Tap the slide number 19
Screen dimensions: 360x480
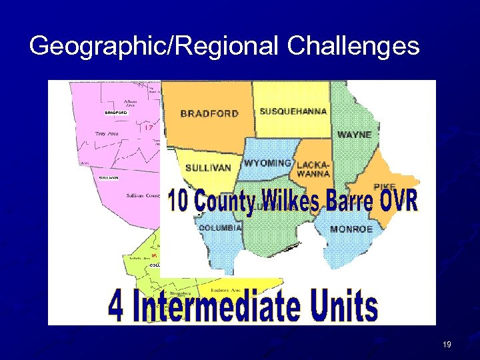(x=446, y=344)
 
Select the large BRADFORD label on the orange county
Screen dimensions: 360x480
(x=209, y=113)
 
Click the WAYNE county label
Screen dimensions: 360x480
(x=354, y=135)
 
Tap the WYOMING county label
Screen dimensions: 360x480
(x=267, y=163)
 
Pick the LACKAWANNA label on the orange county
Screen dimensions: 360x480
(x=313, y=169)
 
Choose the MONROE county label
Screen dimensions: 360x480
(x=351, y=229)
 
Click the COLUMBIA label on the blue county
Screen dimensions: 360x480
(x=219, y=227)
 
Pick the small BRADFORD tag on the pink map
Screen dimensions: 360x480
(x=115, y=113)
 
